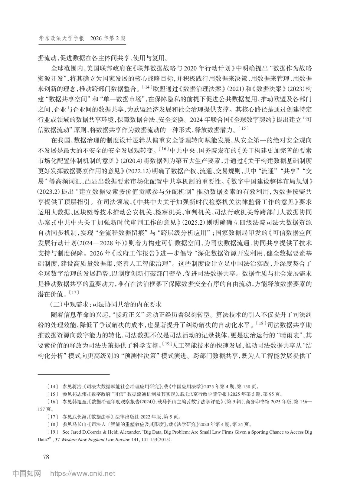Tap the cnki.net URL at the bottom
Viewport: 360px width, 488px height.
point(83,473)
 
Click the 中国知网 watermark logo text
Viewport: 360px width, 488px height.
point(27,473)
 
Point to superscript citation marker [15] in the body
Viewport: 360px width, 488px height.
point(243,129)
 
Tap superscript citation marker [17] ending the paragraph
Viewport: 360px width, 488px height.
point(74,292)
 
